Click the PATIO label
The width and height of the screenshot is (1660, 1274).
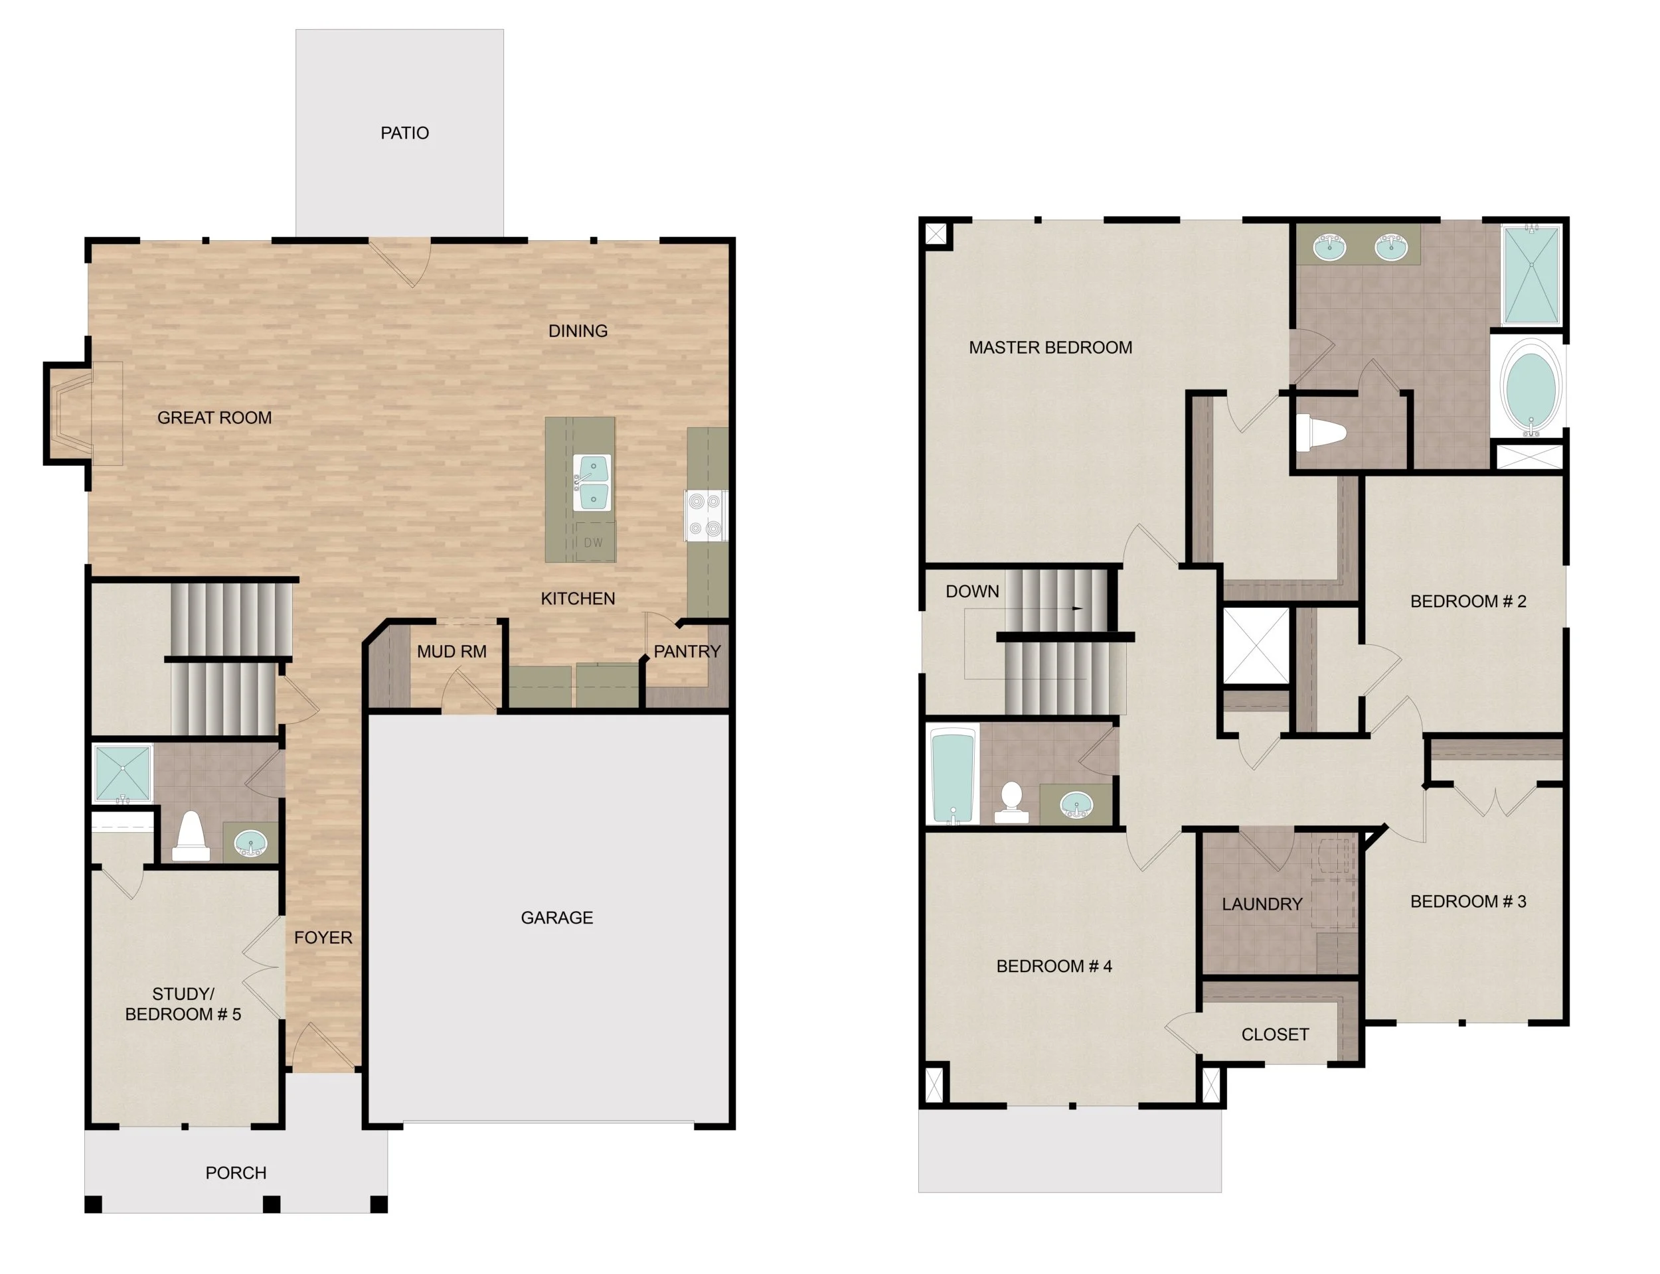pyautogui.click(x=404, y=133)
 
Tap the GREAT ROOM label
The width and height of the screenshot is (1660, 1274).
pyautogui.click(x=214, y=418)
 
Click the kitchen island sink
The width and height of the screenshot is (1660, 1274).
pyautogui.click(x=591, y=482)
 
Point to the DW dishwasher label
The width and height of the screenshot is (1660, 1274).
pyautogui.click(x=594, y=542)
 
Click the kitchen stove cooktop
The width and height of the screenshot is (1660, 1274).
pyautogui.click(x=706, y=516)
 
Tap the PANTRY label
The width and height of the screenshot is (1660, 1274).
pyautogui.click(x=687, y=652)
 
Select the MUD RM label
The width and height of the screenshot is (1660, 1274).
pyautogui.click(x=452, y=652)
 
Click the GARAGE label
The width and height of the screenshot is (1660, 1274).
pyautogui.click(x=557, y=918)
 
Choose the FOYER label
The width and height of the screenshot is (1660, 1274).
pyautogui.click(x=323, y=938)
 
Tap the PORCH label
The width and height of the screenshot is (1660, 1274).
pyautogui.click(x=236, y=1173)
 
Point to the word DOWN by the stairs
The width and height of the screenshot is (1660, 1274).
pyautogui.click(x=972, y=591)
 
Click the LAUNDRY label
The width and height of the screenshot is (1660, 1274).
pyautogui.click(x=1262, y=904)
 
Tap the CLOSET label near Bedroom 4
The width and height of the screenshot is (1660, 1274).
pyautogui.click(x=1275, y=1034)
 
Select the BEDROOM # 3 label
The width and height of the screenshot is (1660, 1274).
pyautogui.click(x=1468, y=902)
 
